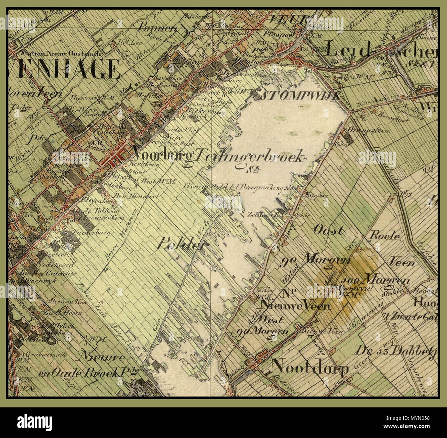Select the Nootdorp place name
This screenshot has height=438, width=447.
tap(309, 368)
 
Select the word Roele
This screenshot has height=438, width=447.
tap(384, 236)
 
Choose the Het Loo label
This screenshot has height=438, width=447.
tap(125, 42)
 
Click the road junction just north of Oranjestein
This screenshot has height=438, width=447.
tap(350, 111)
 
